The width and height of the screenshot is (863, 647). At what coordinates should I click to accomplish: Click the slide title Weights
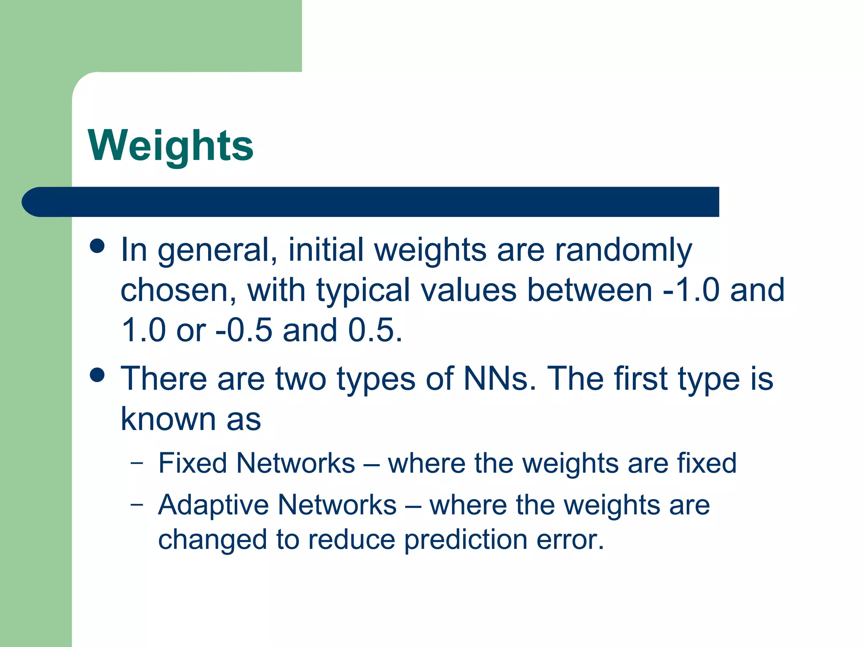click(x=171, y=145)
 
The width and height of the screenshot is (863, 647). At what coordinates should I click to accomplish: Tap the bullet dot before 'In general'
click(x=97, y=246)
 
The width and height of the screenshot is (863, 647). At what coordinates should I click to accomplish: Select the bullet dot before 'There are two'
click(x=97, y=375)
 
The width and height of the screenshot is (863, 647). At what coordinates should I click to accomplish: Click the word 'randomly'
click(x=623, y=250)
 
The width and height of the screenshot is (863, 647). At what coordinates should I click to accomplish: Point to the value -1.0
click(x=691, y=290)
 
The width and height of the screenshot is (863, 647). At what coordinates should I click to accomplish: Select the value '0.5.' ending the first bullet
click(x=375, y=330)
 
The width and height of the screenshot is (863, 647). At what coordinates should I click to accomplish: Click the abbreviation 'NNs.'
click(x=500, y=378)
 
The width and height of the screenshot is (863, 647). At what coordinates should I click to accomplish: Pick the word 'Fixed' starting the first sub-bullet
click(x=192, y=463)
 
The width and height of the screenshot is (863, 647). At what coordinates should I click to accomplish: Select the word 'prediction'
click(x=466, y=540)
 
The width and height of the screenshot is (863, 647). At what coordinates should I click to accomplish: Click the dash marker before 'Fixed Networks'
click(x=137, y=463)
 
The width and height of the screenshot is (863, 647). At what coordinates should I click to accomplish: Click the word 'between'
click(x=590, y=290)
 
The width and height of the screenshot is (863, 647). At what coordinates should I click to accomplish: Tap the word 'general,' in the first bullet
click(x=217, y=250)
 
